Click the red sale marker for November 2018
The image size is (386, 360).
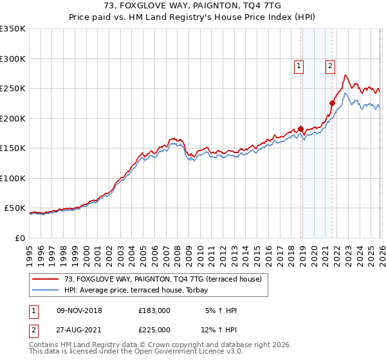coord(301,129)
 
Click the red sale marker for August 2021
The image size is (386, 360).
coord(333,103)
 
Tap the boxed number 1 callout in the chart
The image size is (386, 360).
coord(299,65)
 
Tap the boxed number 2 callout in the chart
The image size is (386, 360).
coord(330,65)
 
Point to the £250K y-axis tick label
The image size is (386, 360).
coord(13,89)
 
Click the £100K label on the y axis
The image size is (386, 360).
coord(13,178)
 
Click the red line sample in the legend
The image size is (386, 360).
coord(45,280)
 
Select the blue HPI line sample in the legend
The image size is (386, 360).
coord(45,291)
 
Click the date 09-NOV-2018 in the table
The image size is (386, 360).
coord(80,310)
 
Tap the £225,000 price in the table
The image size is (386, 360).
coord(154,329)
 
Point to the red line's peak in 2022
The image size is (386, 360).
coord(345,75)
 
